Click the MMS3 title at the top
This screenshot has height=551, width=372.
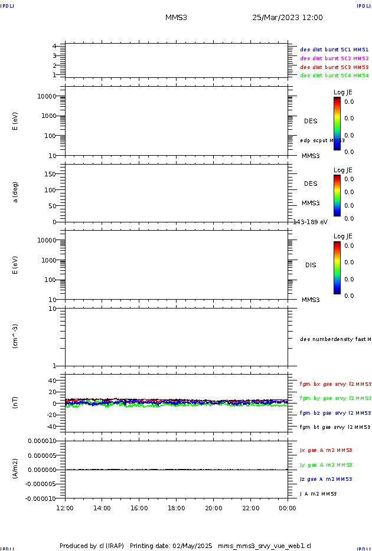point(177,18)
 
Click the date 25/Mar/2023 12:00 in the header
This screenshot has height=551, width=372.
point(287,18)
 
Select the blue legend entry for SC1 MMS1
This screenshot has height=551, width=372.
point(334,50)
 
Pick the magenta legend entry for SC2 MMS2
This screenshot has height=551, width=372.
point(334,58)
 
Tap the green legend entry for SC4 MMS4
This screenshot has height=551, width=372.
point(334,76)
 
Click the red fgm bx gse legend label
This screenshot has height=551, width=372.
point(335,384)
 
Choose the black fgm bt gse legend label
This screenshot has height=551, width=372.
point(335,427)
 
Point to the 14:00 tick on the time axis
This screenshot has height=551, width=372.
point(102,508)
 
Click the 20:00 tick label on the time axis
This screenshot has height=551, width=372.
point(214,508)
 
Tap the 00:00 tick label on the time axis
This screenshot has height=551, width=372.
point(288,508)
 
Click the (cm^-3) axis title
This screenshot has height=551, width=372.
point(16,336)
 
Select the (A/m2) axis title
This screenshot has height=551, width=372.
point(16,469)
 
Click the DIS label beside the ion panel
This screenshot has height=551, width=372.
point(311,265)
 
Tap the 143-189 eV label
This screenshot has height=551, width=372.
point(311,222)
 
